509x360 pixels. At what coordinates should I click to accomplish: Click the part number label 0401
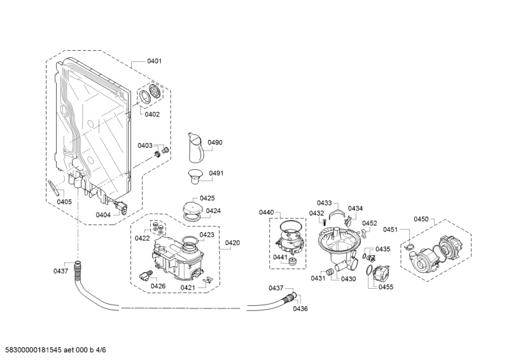coord(154,62)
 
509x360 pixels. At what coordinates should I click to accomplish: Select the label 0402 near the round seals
coord(152,114)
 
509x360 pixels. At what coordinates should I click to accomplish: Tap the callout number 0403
coord(146,146)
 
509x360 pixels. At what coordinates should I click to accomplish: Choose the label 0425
coord(207,198)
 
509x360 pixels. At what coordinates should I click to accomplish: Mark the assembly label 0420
coord(232,243)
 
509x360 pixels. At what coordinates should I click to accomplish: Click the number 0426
coord(158,286)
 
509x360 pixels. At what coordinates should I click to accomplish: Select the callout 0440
coord(266,212)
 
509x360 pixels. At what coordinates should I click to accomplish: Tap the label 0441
coord(281,257)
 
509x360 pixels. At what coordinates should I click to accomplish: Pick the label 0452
coord(370,223)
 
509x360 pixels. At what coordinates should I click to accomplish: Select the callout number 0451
coord(391,230)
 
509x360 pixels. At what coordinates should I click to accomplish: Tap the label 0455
coord(386,287)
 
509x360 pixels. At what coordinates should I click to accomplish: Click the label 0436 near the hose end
coord(300,308)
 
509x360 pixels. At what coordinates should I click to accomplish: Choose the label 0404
coord(103,215)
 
